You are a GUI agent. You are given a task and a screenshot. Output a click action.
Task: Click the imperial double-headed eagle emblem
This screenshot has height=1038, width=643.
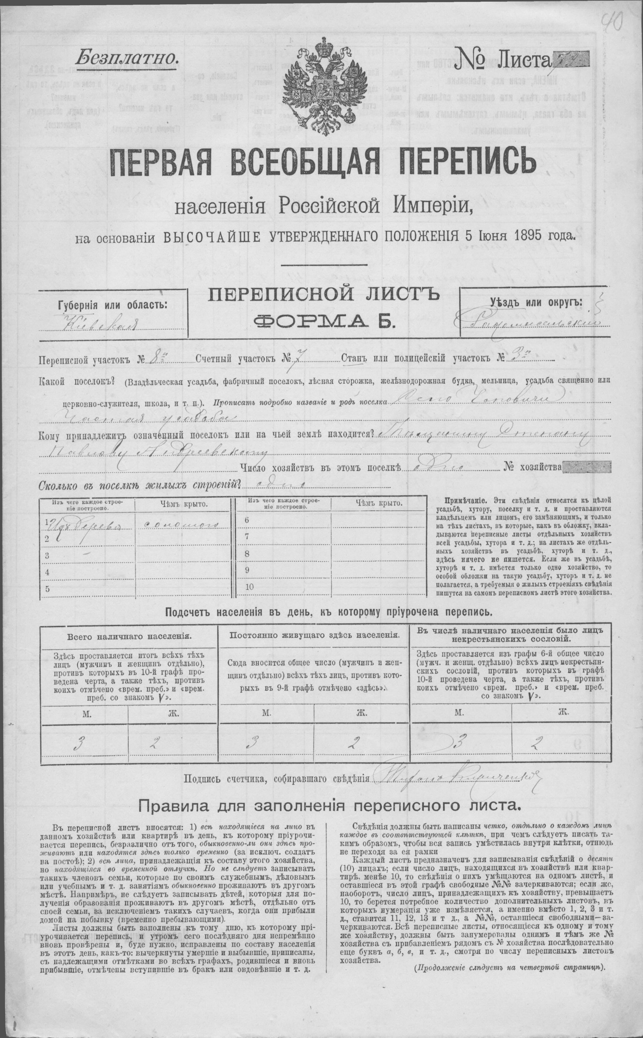click(321, 88)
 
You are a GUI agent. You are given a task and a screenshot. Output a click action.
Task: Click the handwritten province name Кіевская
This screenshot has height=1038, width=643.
click(101, 324)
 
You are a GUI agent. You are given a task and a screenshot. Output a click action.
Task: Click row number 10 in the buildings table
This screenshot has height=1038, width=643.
click(250, 587)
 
